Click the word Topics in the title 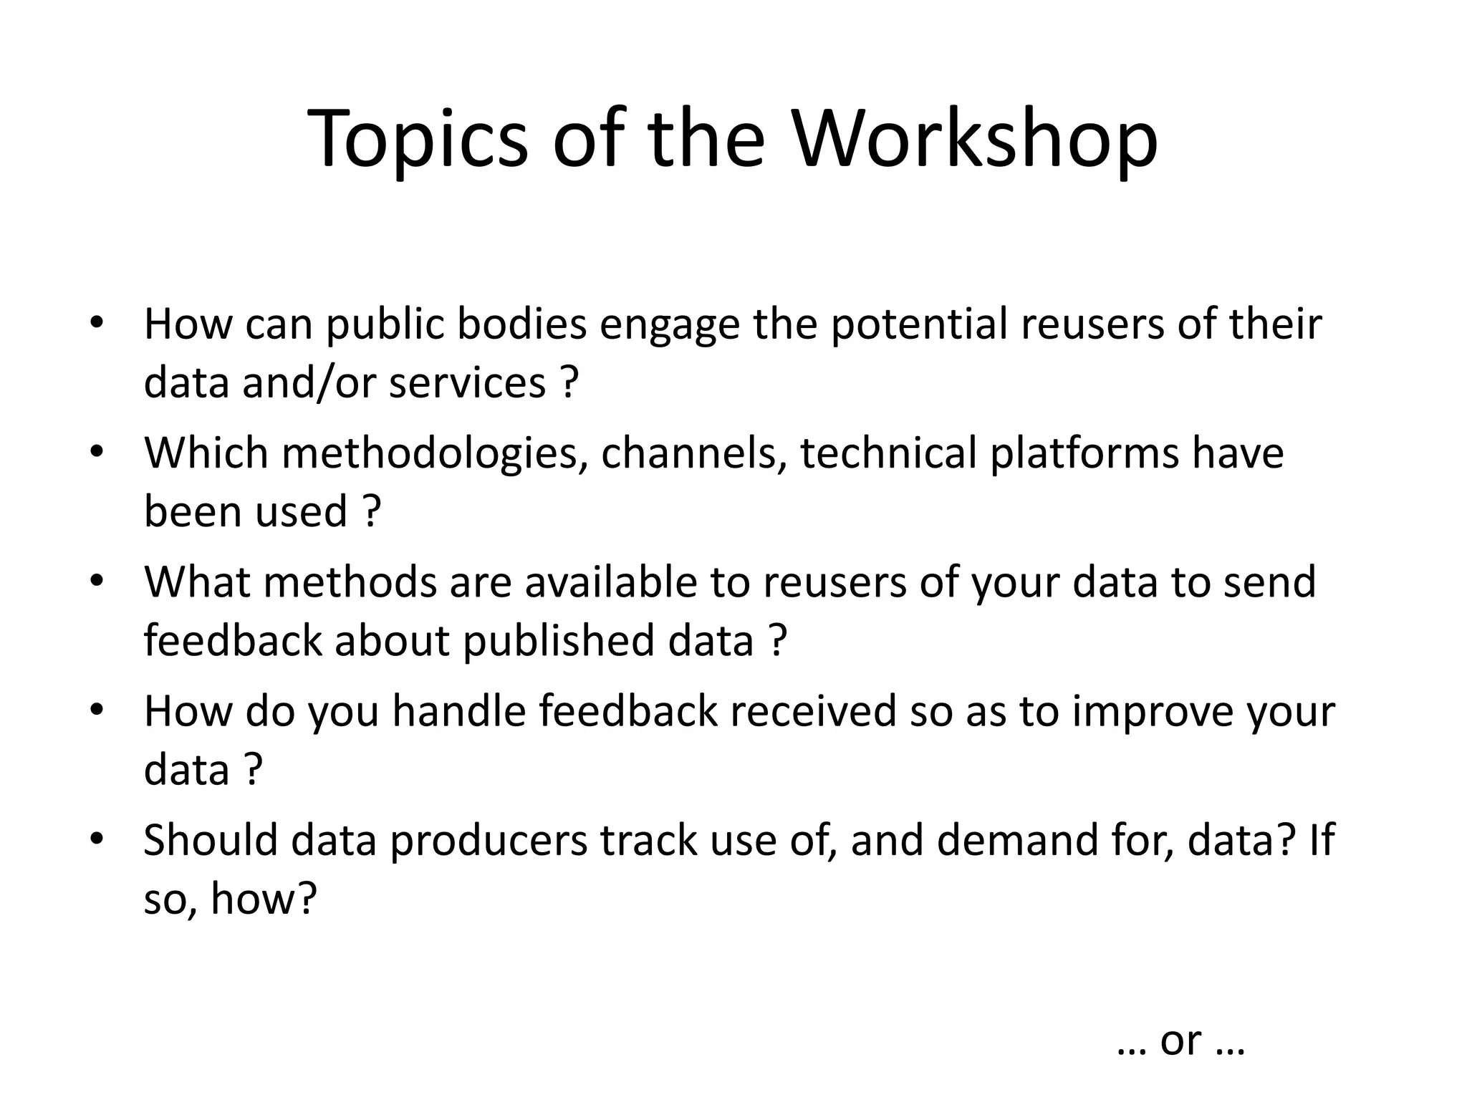coord(418,140)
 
